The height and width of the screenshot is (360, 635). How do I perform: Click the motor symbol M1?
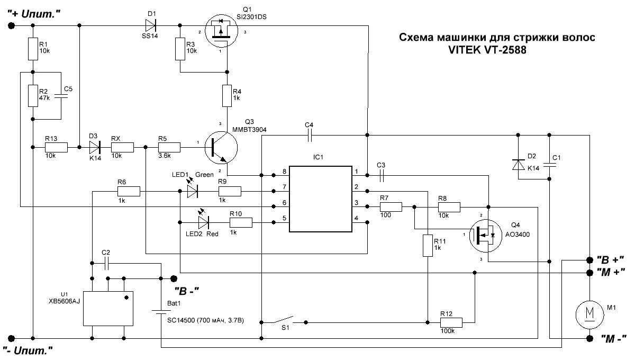pos(589,315)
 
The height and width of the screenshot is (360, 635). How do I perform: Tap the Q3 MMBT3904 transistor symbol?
pos(221,148)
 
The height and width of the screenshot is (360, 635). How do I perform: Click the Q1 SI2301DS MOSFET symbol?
pos(221,31)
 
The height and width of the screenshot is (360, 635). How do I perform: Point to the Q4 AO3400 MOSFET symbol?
pos(486,236)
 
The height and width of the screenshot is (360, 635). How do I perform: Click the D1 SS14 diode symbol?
pos(150,25)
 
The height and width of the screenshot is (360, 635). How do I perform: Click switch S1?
pos(284,320)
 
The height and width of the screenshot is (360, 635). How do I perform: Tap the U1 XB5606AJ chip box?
pos(108,308)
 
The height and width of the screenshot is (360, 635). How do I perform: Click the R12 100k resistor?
pos(451,323)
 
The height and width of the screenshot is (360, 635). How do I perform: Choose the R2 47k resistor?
pos(33,96)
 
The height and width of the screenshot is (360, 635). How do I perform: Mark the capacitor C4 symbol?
pos(310,136)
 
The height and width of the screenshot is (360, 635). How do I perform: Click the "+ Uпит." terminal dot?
pos(11,26)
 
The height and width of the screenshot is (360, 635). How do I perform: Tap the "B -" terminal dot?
pos(174,278)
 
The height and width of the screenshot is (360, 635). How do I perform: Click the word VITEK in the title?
pos(465,50)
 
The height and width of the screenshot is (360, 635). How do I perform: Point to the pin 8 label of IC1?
pos(284,172)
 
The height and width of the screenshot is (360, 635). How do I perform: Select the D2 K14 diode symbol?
pos(518,165)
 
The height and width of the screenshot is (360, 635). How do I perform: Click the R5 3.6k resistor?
pos(169,148)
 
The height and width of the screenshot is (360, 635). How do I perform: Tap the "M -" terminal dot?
pos(589,338)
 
